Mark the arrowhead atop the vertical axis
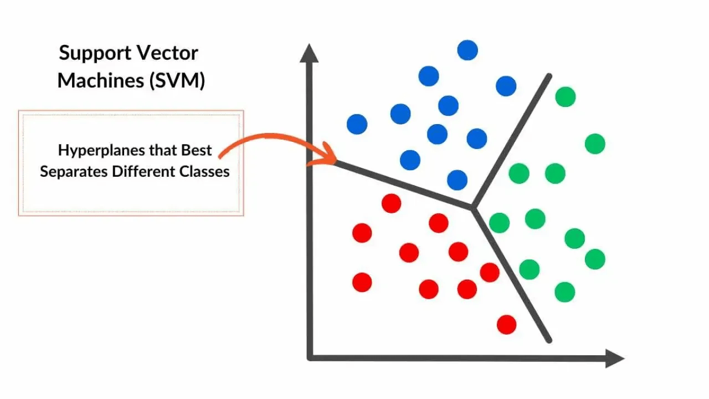click(x=309, y=53)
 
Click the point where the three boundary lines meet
click(x=472, y=208)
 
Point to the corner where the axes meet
click(x=310, y=358)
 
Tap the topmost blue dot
click(x=467, y=50)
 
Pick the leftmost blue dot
click(x=357, y=124)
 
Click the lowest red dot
click(x=506, y=324)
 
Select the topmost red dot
click(x=391, y=203)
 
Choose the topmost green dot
click(x=566, y=96)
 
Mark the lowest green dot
click(x=564, y=291)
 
